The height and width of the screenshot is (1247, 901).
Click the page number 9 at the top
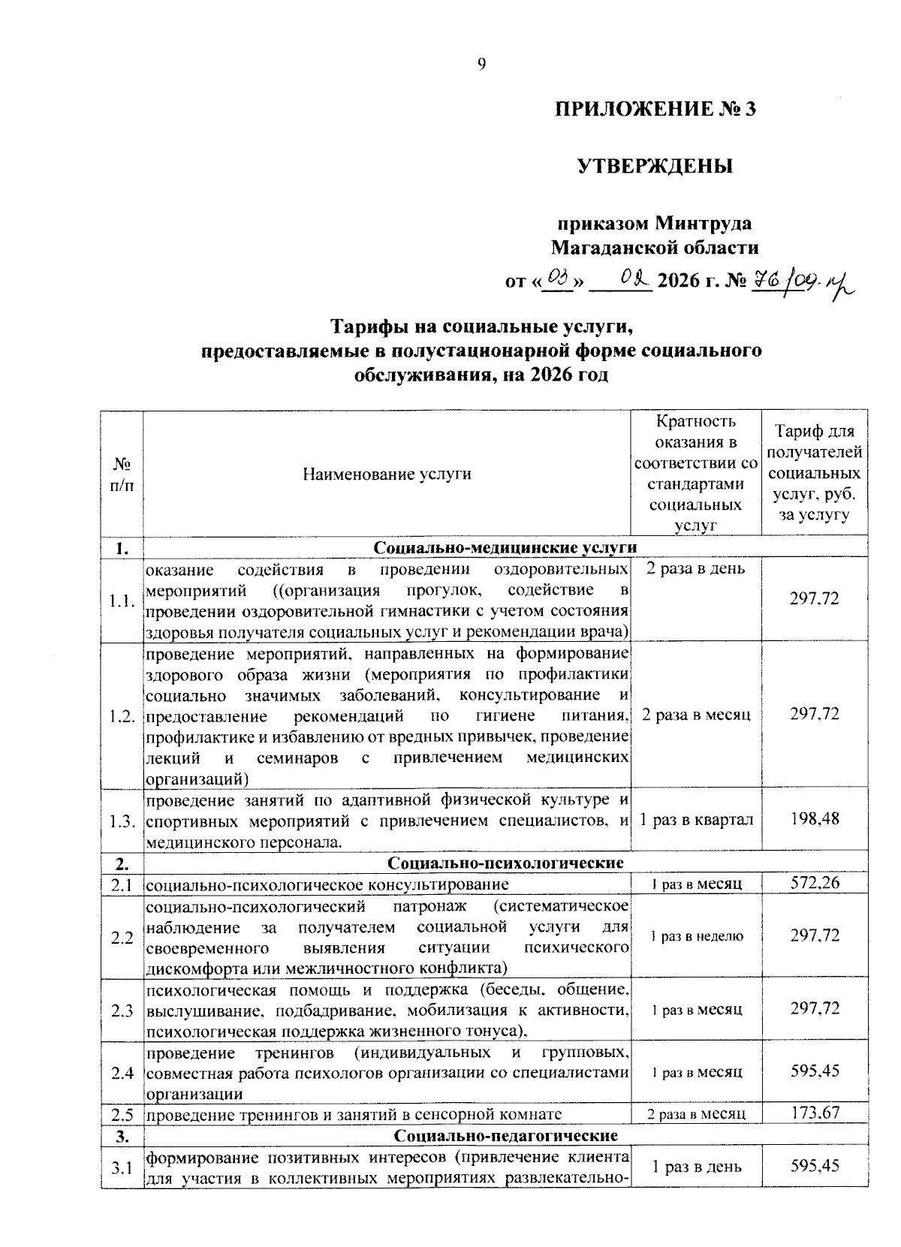point(482,65)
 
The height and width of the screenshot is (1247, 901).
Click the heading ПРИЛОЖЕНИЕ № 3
point(655,110)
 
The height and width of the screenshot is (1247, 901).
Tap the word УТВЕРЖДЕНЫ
point(655,166)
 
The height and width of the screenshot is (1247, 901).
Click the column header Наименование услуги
point(387,474)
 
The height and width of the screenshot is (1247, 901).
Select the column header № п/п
point(121,474)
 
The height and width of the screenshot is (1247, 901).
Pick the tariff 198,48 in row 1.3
point(815,818)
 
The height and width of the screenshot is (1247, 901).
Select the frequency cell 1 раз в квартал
point(696,818)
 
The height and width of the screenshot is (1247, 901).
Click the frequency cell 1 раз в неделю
point(696,936)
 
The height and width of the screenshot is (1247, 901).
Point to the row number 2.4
point(122,1072)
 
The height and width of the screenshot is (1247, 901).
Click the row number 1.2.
point(122,715)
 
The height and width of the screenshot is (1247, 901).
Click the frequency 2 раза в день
point(696,568)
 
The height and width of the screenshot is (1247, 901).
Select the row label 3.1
point(122,1167)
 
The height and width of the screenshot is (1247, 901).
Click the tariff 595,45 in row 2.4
point(815,1071)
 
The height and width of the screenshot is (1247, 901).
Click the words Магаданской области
point(655,248)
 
